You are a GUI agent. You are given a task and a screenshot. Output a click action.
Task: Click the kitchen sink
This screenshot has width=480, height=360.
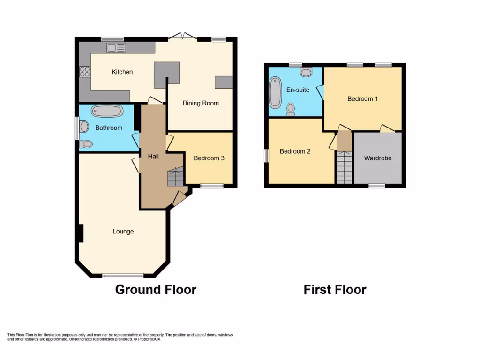pos(116,47)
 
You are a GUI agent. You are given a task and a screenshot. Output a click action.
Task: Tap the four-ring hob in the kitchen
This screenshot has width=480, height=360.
pos(85,72)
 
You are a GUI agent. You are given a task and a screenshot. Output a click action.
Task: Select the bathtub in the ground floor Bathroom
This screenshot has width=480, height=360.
pos(107,112)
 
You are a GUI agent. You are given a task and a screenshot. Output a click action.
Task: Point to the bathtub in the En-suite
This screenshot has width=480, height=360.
pos(274,92)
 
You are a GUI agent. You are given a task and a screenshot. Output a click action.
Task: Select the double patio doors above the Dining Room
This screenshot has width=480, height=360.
pos(183,37)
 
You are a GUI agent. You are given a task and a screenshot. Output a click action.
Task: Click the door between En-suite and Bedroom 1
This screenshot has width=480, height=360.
pos(320,91)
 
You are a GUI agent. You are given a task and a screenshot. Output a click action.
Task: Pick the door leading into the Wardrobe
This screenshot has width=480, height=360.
pos(387,128)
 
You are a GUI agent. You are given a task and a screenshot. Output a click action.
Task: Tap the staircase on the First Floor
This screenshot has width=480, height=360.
pos(344,167)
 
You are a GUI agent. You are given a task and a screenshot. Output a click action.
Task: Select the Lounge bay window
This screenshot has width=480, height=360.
pos(123,276)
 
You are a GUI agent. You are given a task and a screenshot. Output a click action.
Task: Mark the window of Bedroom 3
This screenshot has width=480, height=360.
pos(212,186)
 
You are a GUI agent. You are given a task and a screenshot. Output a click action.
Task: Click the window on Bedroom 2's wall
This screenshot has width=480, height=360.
pos(266,156)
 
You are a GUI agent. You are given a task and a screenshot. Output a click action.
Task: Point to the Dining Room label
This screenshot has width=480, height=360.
pos(201,103)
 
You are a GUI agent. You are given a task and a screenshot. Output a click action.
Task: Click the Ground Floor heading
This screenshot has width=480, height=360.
pos(156,290)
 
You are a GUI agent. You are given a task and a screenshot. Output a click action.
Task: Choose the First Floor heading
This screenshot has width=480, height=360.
pos(335,290)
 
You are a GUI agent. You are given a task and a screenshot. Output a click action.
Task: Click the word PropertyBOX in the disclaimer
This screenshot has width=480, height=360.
pos(150,339)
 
